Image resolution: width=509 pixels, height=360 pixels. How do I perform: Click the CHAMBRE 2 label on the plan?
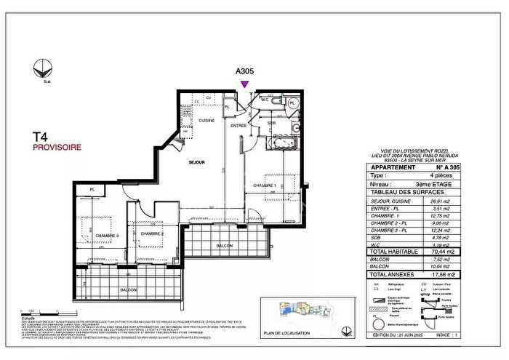click(x=151, y=233)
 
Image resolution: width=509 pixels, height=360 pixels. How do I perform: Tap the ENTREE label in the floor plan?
click(x=239, y=126)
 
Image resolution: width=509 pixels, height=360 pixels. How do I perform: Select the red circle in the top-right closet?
click(x=292, y=103)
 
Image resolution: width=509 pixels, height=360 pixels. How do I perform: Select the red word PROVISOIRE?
click(x=57, y=147)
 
